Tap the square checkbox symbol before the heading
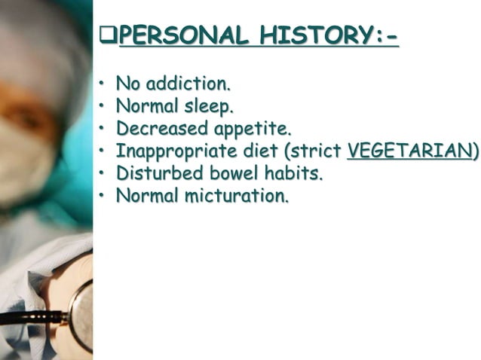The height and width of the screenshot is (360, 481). pyautogui.click(x=109, y=35)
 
